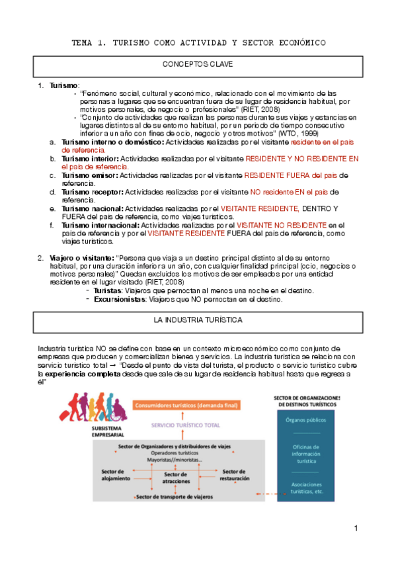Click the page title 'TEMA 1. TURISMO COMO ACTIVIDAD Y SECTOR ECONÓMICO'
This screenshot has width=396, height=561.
[x=198, y=43]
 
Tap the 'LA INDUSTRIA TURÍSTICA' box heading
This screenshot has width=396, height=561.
[x=198, y=320]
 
